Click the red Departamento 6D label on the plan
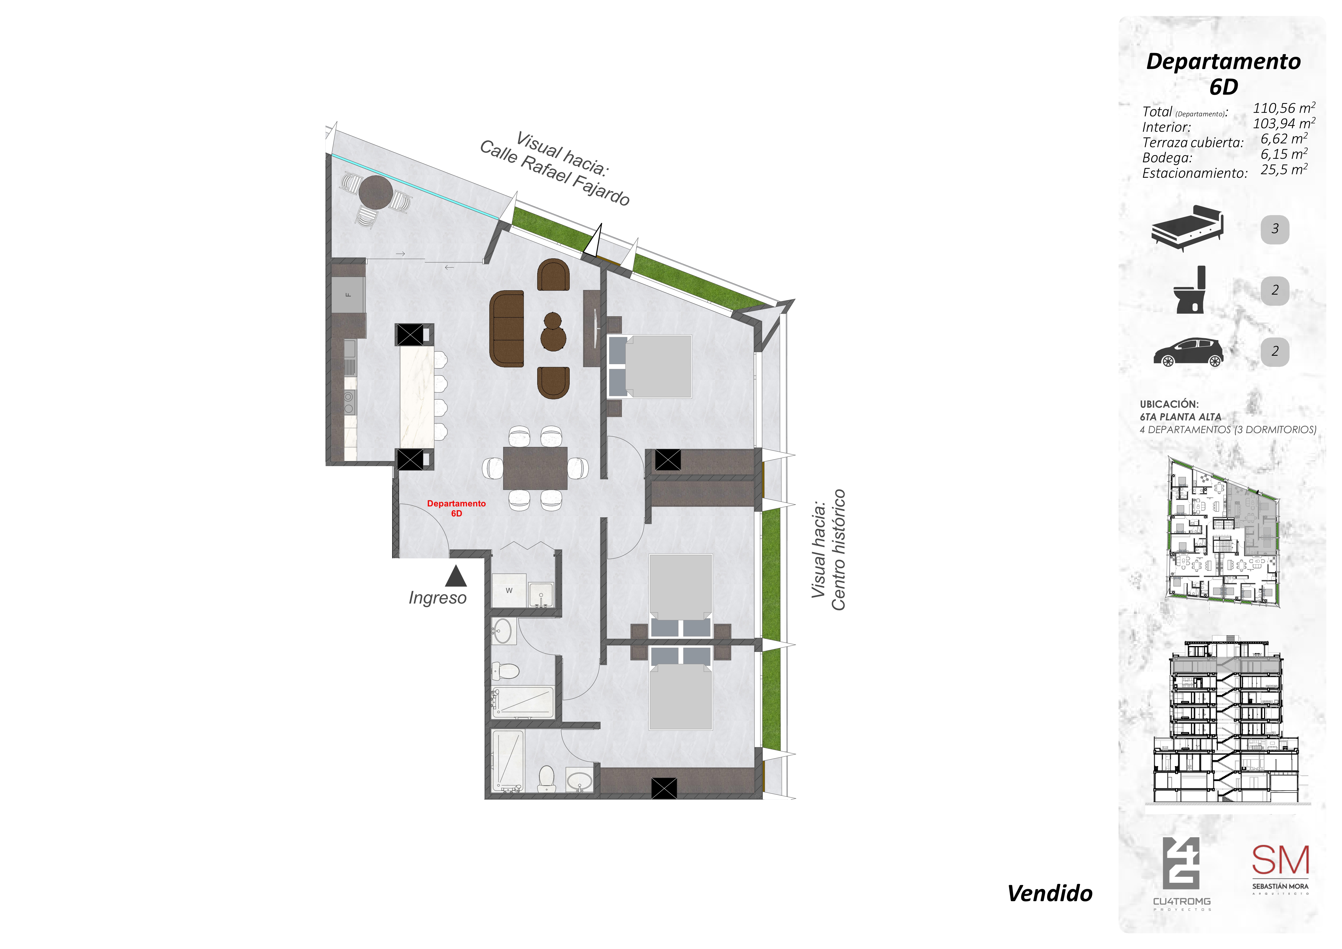pyautogui.click(x=456, y=508)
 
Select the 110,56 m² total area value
pyautogui.click(x=1284, y=108)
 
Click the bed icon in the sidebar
pyautogui.click(x=1187, y=228)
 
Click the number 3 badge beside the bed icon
pyautogui.click(x=1275, y=229)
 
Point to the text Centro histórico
pyautogui.click(x=838, y=549)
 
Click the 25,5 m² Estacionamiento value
pyautogui.click(x=1284, y=169)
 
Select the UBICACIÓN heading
pyautogui.click(x=1169, y=404)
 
